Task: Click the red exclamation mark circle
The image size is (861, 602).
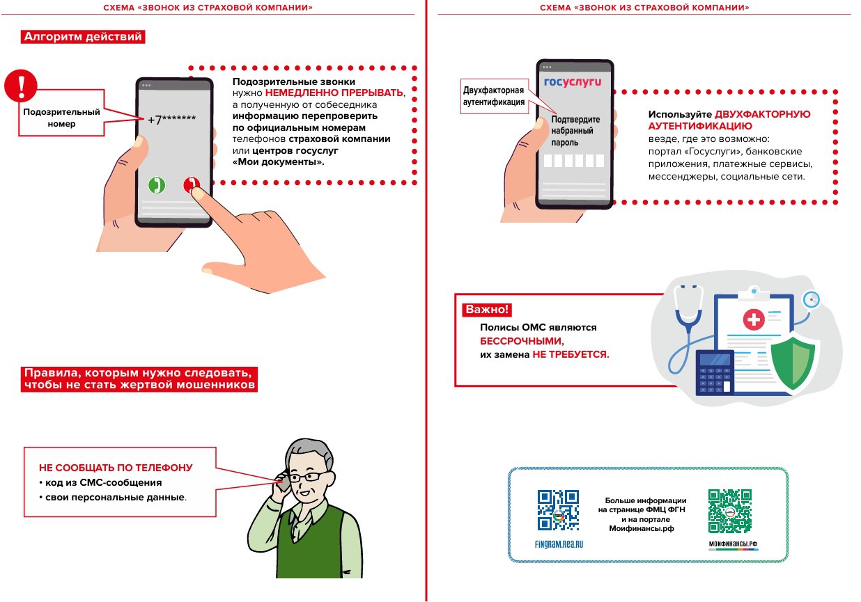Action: point(21,86)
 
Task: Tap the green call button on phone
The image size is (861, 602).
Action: point(157,185)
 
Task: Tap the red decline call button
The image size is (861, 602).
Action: point(191,185)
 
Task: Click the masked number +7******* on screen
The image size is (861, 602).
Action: point(171,119)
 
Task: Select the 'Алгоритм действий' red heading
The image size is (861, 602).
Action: point(82,37)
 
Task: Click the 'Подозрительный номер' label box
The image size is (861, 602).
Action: point(61,118)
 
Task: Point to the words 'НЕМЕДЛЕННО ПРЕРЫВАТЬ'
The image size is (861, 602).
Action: point(334,93)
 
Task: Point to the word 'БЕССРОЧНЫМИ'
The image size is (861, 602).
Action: point(520,342)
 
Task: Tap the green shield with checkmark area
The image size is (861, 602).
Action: point(793,363)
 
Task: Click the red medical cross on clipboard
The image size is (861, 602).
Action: point(753,319)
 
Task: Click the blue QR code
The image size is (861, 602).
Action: point(558,510)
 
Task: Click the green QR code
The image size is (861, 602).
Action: point(730,510)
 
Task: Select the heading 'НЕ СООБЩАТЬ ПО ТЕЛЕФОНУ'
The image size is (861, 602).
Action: point(115,468)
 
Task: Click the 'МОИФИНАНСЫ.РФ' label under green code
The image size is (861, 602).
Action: point(732,544)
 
